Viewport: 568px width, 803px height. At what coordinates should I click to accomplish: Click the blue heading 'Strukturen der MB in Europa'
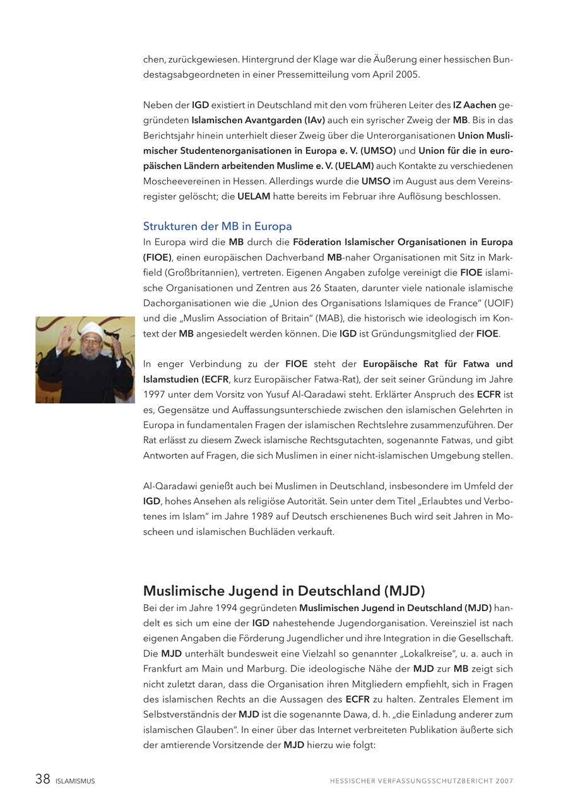click(217, 226)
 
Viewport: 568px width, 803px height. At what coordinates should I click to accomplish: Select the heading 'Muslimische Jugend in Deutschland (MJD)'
click(284, 591)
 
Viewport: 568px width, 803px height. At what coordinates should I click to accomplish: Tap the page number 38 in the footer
click(43, 779)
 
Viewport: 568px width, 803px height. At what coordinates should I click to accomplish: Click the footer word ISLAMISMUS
click(75, 781)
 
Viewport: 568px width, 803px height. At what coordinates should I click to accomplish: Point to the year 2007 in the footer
click(504, 781)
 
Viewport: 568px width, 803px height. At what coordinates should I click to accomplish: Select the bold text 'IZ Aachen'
click(474, 105)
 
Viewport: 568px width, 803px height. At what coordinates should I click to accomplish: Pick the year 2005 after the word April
click(408, 74)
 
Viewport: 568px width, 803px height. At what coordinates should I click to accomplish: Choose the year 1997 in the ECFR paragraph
click(155, 395)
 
